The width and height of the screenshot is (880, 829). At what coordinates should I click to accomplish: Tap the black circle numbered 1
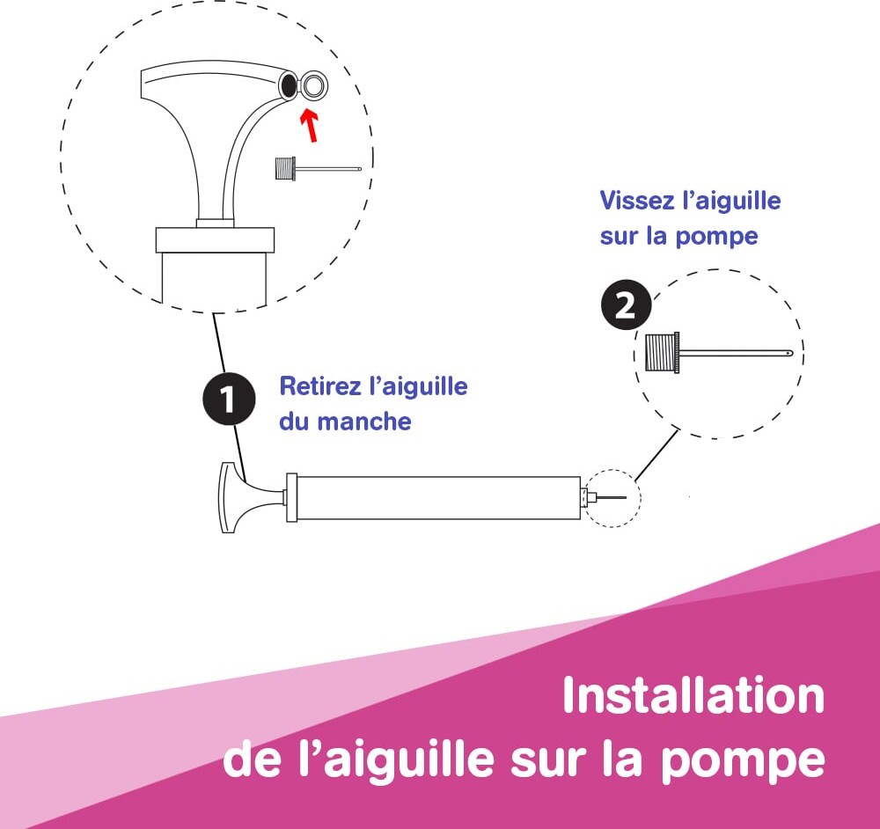pos(229,399)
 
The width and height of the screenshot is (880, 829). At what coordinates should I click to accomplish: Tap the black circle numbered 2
pos(627,304)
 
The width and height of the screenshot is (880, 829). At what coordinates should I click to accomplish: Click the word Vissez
pos(637,201)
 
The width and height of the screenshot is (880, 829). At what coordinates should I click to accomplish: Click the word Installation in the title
pos(693,695)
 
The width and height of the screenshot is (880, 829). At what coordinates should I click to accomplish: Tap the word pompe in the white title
pos(742,761)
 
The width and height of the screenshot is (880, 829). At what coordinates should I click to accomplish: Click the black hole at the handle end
pos(288,85)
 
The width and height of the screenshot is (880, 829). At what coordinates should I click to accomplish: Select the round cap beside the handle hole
pos(313,86)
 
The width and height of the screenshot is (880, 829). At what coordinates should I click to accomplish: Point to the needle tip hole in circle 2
pos(789,354)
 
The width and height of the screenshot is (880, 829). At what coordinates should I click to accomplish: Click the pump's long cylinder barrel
pos(437,498)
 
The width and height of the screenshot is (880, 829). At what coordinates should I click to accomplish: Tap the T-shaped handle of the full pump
pos(247,497)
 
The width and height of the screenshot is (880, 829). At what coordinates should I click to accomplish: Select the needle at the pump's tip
pos(611,497)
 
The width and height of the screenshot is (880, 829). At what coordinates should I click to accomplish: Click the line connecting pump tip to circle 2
pos(656,455)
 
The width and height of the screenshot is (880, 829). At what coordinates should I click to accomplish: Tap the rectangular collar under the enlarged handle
pos(215,239)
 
